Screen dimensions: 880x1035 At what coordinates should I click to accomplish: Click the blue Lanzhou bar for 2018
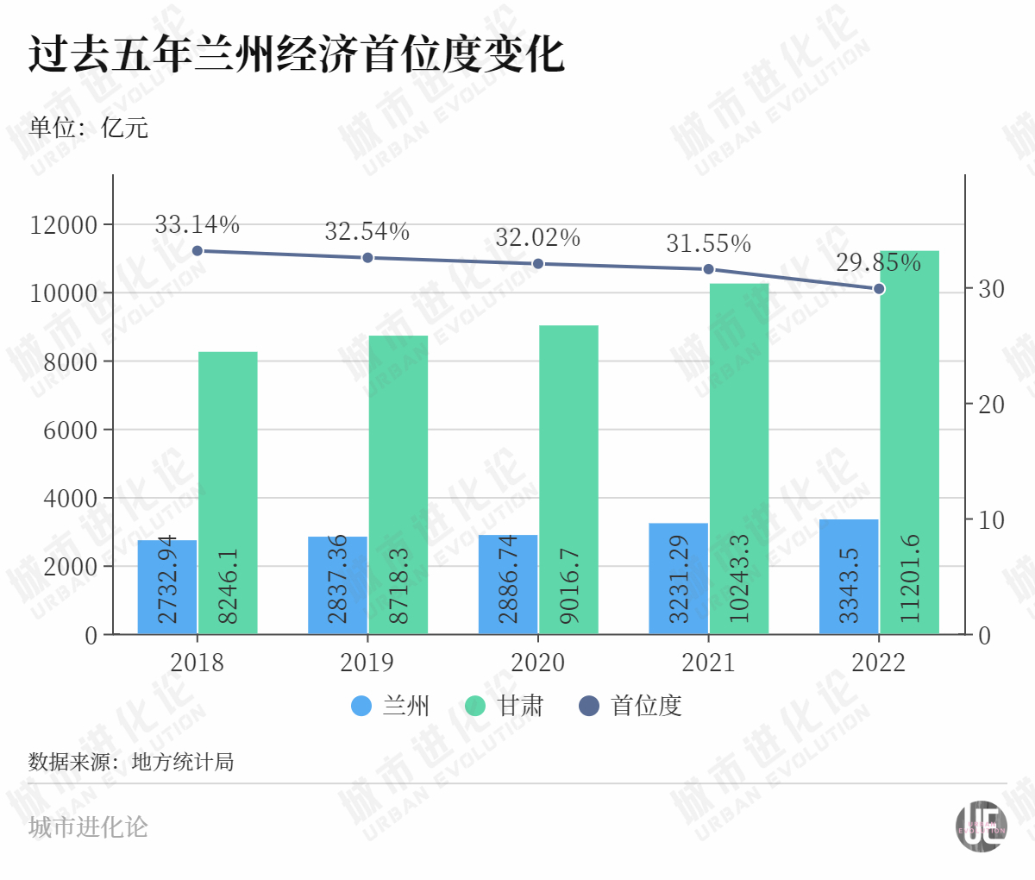(x=167, y=588)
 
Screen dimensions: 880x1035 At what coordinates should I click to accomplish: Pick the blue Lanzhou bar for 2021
(x=679, y=579)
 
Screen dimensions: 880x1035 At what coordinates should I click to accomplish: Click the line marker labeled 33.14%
(x=198, y=251)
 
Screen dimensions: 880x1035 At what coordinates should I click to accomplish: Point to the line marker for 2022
(x=879, y=288)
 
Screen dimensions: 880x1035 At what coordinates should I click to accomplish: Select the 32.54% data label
(x=367, y=231)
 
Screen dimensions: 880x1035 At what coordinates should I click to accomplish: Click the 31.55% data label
(x=708, y=244)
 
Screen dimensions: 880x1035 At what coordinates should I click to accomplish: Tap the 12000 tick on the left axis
(x=64, y=225)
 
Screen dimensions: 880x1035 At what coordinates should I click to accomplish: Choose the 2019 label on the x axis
(x=367, y=663)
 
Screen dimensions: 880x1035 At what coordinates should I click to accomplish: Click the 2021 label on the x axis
(x=708, y=663)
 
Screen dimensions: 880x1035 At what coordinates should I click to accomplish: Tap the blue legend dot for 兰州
(x=361, y=706)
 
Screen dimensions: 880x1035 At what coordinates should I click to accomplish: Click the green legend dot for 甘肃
(x=475, y=706)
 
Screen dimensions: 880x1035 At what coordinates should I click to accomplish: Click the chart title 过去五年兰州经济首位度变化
(x=297, y=53)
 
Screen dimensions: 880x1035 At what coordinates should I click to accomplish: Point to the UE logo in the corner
(x=982, y=827)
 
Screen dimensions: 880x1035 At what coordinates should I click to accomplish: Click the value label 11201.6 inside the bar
(x=909, y=578)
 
